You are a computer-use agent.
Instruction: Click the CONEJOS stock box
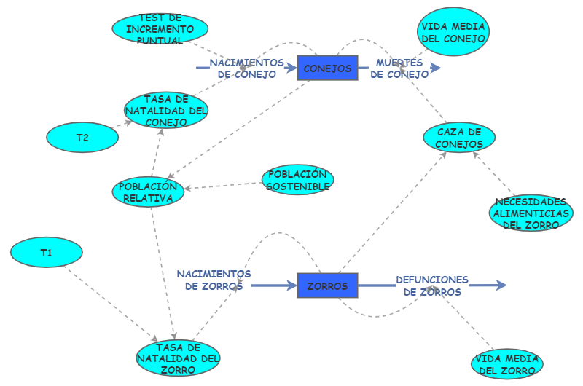click(x=327, y=68)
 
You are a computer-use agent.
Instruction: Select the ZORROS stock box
click(x=327, y=285)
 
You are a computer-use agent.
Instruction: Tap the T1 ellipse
click(x=47, y=253)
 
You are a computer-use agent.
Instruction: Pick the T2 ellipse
click(x=82, y=138)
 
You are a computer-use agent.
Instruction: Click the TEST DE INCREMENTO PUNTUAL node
click(x=160, y=29)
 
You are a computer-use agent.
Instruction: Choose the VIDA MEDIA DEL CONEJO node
click(x=453, y=32)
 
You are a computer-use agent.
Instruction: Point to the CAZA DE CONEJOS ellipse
click(x=460, y=138)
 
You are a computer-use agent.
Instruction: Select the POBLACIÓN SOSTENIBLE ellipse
click(x=297, y=180)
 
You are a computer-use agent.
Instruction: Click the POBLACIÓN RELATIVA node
click(x=148, y=192)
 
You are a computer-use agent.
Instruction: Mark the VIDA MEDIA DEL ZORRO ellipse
click(x=507, y=365)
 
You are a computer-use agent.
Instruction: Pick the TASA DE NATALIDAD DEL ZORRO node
click(x=179, y=358)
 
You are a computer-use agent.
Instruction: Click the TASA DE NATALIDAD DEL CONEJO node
click(x=167, y=111)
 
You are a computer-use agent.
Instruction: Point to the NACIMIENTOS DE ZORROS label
click(x=214, y=280)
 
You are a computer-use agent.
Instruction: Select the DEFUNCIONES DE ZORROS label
click(x=432, y=285)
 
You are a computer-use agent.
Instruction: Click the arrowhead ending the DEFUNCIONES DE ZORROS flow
click(x=501, y=285)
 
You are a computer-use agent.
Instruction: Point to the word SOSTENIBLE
click(x=297, y=186)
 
